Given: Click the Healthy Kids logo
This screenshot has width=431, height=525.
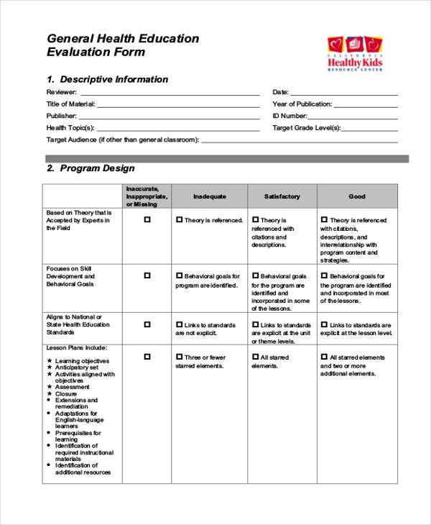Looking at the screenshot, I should coord(355,54).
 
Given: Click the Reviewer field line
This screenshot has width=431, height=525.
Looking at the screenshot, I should coord(170,93).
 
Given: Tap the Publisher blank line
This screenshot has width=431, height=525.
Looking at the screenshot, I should coord(169,117).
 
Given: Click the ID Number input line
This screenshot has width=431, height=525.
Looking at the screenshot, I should coord(353,117).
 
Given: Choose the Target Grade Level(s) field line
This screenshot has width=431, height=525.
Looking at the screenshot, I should coord(370,128).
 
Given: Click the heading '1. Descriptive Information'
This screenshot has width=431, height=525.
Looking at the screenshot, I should coord(107,79).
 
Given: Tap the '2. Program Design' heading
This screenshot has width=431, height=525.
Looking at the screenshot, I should coord(91,168).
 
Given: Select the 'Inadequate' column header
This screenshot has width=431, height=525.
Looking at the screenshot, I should coord(210,196).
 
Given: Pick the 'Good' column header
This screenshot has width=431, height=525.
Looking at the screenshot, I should coord(357,196).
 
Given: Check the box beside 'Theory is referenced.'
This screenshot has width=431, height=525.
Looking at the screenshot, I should coord(180,220).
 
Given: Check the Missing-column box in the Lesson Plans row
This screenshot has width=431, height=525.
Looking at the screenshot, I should coord(147,356).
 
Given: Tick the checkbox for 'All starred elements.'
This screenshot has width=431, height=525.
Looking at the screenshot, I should coord(255,357).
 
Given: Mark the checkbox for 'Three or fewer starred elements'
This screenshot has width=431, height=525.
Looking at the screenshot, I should coord(180,357).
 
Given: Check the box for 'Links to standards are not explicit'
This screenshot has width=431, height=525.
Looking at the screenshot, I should coord(180,324).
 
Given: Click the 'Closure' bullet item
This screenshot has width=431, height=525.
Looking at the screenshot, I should coord(67,393).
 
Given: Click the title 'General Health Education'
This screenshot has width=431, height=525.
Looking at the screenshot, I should coord(123,39).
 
